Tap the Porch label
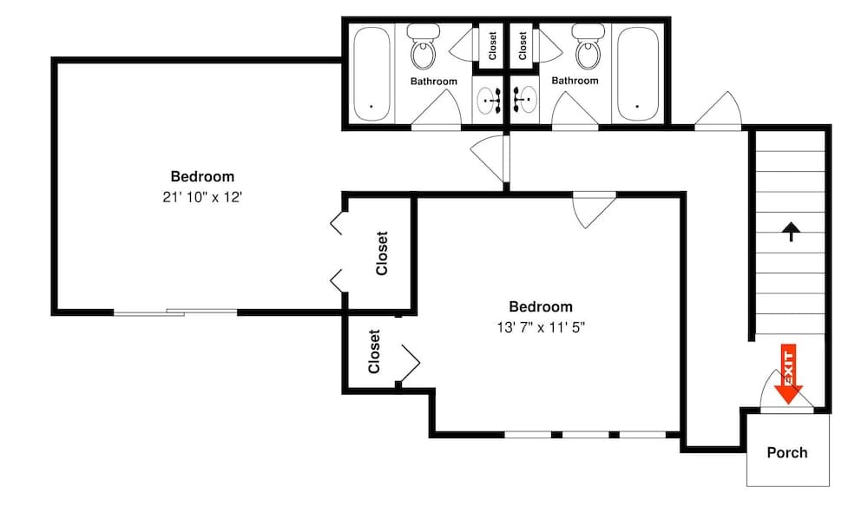786,452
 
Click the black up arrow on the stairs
790,232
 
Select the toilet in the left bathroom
424,49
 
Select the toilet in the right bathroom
589,49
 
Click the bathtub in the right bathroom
638,74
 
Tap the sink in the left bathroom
490,101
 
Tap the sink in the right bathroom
523,101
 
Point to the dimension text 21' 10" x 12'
201,197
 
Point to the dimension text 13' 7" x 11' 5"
541,327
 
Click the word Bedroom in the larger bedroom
201,177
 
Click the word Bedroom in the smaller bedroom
541,306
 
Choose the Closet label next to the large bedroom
382,253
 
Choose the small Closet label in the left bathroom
492,46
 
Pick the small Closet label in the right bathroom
523,46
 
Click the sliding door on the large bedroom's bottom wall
175,312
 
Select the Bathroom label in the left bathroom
433,82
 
